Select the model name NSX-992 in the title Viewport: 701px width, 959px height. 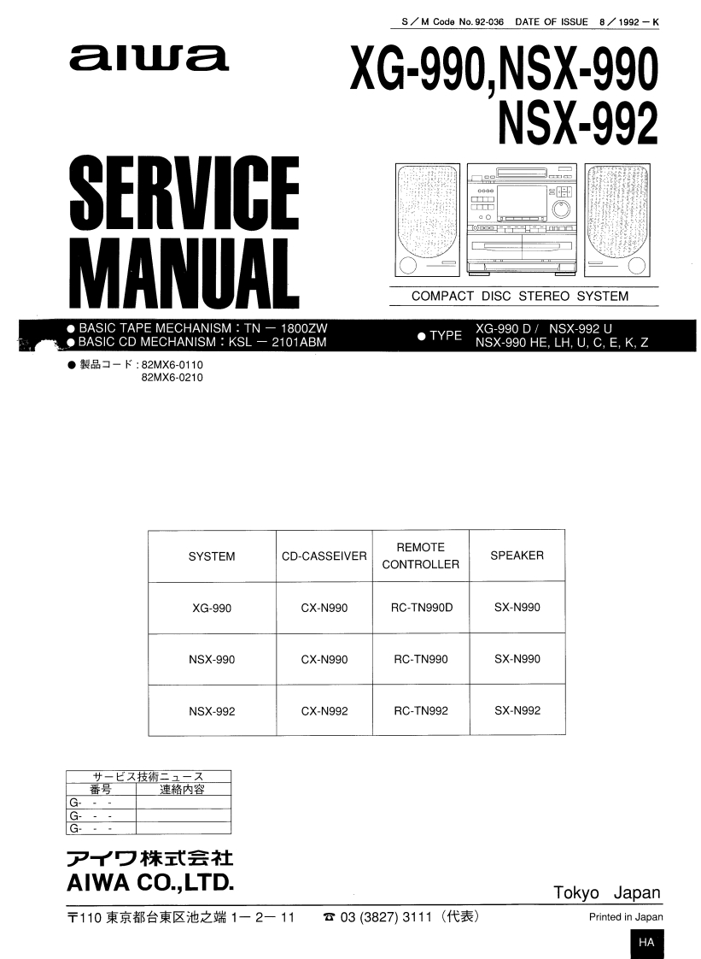[577, 123]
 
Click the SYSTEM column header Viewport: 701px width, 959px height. [212, 556]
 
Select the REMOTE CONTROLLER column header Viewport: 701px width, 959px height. [420, 556]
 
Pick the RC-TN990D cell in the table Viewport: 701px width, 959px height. [421, 608]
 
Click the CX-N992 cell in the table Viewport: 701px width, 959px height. [324, 711]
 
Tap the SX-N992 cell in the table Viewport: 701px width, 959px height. [517, 711]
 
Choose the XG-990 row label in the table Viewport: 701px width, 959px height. [212, 609]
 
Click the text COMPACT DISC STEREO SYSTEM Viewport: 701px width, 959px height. [520, 297]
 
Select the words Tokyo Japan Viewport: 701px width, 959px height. [607, 892]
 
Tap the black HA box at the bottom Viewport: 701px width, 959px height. [646, 942]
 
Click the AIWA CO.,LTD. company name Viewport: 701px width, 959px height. [149, 881]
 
